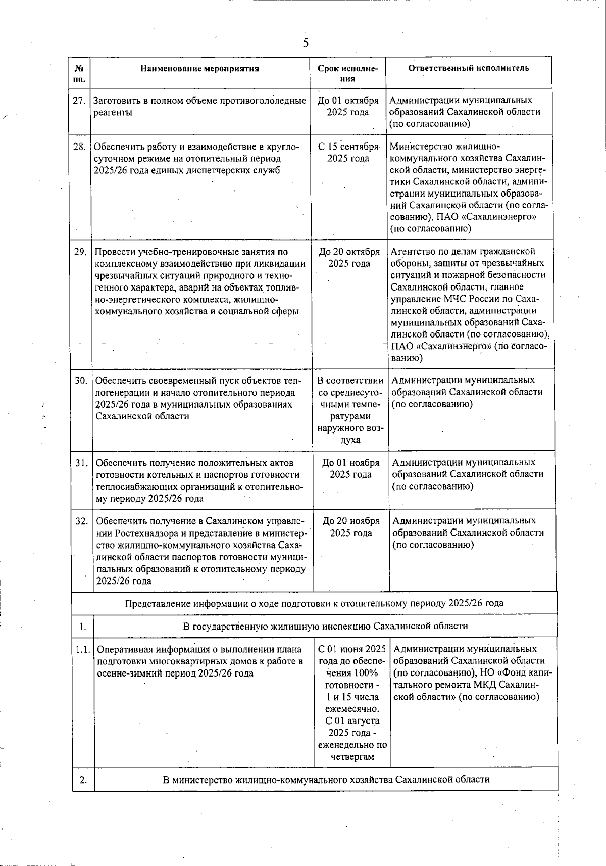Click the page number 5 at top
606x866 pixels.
(x=305, y=43)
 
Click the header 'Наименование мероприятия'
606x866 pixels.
(x=199, y=69)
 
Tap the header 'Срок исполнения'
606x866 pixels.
(x=347, y=74)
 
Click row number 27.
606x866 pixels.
(x=79, y=101)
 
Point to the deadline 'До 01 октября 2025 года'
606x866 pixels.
(x=347, y=106)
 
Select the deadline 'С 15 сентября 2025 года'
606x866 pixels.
(x=348, y=153)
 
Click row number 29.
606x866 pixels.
(x=80, y=252)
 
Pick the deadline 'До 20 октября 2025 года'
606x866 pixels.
(x=349, y=257)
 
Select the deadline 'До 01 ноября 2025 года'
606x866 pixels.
(x=350, y=468)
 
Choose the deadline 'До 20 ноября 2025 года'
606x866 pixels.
(x=351, y=527)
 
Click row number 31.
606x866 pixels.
(x=82, y=463)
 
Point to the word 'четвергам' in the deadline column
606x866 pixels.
(x=352, y=757)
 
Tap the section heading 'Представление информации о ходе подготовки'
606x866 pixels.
(x=314, y=603)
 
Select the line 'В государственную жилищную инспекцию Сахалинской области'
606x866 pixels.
(x=325, y=626)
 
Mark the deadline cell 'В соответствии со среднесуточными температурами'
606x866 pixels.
(x=350, y=410)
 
